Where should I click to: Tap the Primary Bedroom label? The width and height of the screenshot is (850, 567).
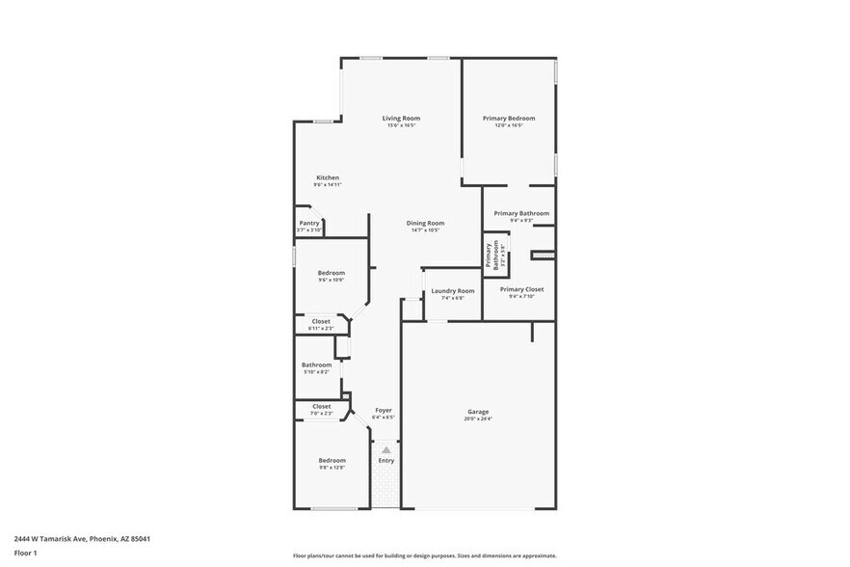[x=509, y=119]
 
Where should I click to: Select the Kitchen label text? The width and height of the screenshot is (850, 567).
[x=328, y=177]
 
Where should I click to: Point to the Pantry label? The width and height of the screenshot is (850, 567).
[x=308, y=223]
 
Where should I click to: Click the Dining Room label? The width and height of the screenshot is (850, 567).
[x=425, y=223]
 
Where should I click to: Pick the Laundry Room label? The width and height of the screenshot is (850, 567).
[x=452, y=290]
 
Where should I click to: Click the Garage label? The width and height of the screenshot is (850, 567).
[x=478, y=411]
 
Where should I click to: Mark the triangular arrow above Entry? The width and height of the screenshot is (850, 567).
[x=385, y=449]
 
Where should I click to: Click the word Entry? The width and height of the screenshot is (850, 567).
[x=385, y=461]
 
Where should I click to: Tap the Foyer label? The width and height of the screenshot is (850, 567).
[x=384, y=411]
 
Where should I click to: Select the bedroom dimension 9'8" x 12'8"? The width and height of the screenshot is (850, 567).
[x=332, y=467]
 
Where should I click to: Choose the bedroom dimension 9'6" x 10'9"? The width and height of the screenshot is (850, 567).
[x=332, y=280]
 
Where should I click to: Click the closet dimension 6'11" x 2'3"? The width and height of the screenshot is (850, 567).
[x=321, y=328]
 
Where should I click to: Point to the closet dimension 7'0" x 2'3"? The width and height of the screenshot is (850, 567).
[x=322, y=413]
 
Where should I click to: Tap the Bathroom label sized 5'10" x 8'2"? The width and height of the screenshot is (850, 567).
[x=316, y=365]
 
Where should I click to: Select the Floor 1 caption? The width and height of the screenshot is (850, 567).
[x=25, y=553]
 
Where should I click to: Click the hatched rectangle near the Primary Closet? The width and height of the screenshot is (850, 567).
[x=544, y=255]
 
